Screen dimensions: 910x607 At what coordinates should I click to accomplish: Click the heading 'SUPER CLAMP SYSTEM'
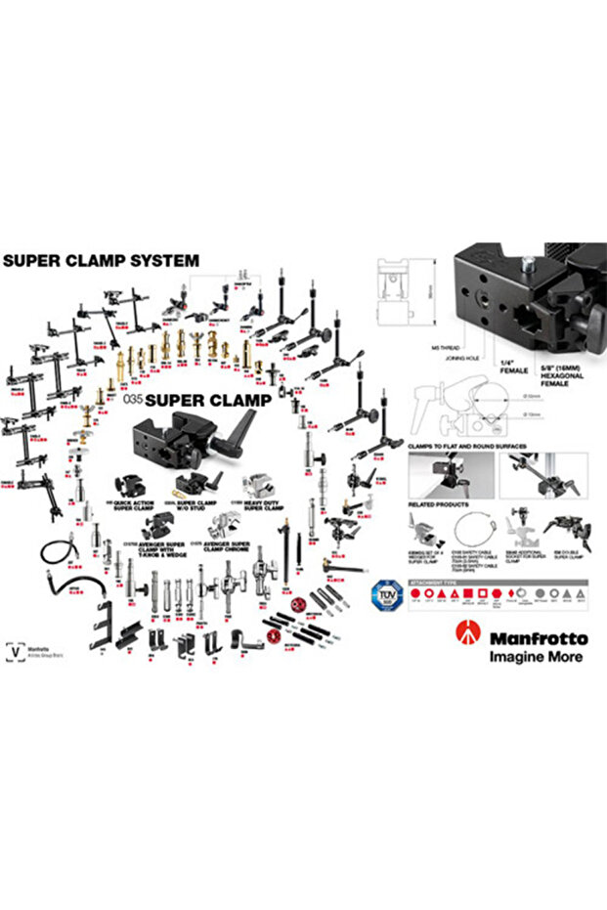coord(101,261)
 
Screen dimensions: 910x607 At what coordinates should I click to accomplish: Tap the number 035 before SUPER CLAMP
coord(134,400)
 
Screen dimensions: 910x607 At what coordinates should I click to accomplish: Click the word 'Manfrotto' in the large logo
coord(539,638)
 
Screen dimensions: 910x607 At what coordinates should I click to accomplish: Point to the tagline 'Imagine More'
coord(536,657)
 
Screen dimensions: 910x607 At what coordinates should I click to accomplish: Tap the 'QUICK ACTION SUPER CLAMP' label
coord(134,505)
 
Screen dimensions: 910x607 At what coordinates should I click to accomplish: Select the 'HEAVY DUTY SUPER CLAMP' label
coord(262,505)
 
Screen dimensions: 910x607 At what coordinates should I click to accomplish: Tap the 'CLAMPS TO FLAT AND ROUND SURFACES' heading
coord(467,445)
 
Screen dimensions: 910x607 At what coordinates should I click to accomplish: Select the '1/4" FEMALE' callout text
coord(513,367)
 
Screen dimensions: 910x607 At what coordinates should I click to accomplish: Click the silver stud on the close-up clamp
coord(529,264)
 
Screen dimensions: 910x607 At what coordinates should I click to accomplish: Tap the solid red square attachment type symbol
coord(469,593)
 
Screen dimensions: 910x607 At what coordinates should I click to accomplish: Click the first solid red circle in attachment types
coord(415,593)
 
